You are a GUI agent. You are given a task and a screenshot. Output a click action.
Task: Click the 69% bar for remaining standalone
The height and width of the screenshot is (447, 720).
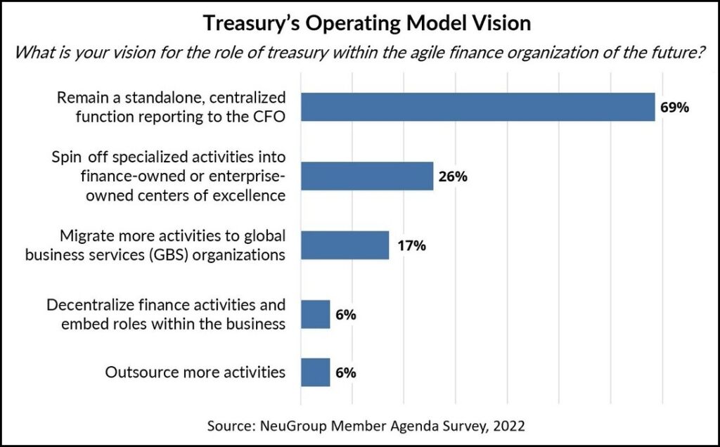tap(477, 107)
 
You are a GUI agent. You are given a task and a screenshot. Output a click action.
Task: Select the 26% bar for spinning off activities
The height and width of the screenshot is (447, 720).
tap(366, 176)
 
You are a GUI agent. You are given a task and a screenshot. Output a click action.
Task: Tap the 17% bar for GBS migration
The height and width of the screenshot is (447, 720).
tap(345, 245)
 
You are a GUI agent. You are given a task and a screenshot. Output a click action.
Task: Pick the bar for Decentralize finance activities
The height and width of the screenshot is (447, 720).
tap(315, 314)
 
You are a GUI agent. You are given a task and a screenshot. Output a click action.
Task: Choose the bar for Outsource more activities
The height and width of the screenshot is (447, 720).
tap(315, 372)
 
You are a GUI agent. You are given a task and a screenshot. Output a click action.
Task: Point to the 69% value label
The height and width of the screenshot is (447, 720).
tap(674, 108)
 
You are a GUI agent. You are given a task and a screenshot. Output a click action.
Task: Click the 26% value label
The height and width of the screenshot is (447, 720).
tap(453, 176)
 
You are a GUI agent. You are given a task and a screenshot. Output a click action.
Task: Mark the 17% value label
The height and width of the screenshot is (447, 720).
tap(409, 245)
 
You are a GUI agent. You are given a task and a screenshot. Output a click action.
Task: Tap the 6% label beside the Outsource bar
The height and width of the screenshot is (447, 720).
tap(345, 372)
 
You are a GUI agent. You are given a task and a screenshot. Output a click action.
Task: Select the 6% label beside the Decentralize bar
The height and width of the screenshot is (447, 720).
tap(345, 315)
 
